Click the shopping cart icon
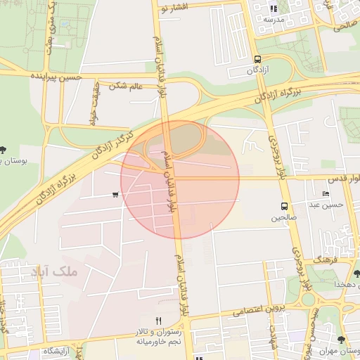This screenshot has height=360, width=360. (115, 195)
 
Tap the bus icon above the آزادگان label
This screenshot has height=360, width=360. (257, 60)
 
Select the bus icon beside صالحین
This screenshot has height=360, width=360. (284, 206)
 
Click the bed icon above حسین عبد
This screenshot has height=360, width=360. (325, 194)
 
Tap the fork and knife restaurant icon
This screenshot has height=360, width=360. (159, 321)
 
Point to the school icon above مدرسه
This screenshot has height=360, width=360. (274, 9)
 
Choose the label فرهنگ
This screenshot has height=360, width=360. (327, 260)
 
